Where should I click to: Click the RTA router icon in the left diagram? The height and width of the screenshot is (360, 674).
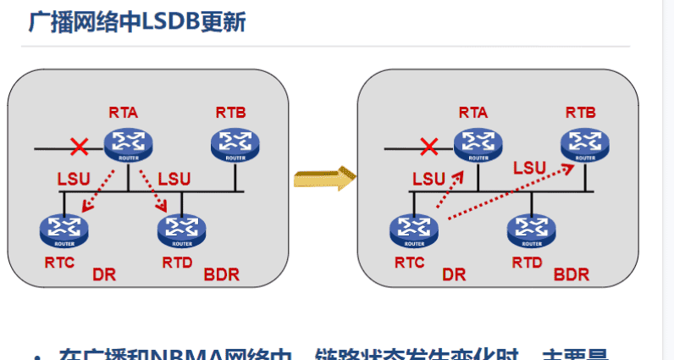point(127,144)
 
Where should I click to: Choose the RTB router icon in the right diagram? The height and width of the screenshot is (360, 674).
point(583,144)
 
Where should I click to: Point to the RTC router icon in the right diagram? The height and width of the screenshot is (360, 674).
point(414,230)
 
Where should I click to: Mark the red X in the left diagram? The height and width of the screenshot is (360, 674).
point(79,147)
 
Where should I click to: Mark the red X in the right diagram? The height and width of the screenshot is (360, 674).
point(429,147)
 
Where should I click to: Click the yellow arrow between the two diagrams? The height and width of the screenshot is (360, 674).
point(323,179)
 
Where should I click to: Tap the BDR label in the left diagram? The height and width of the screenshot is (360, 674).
point(221,274)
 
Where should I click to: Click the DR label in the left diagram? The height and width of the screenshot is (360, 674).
point(104,274)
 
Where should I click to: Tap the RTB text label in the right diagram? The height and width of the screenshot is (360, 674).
point(581,112)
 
